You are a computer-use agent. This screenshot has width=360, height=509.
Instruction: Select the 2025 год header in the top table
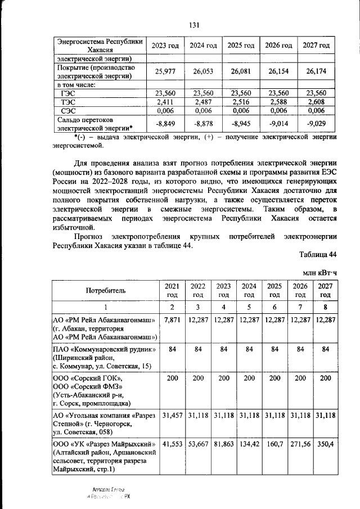(x=241, y=45)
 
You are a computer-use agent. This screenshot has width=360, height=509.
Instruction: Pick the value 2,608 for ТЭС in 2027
(x=316, y=102)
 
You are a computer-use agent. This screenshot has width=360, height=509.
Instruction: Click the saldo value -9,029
(x=316, y=123)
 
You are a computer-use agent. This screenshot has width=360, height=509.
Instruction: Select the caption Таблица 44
(x=318, y=254)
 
